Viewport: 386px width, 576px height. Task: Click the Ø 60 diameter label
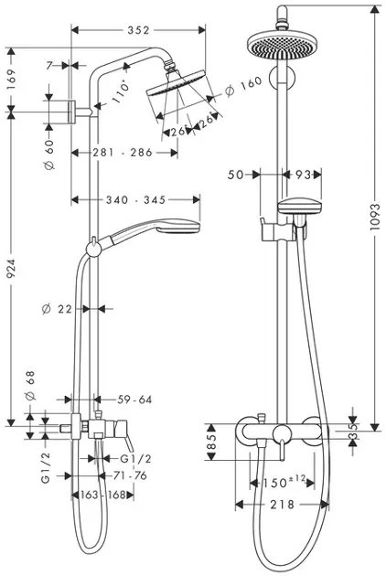tap(53, 152)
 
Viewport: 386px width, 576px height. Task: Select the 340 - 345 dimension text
tap(135, 198)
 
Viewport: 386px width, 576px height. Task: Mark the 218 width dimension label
tap(283, 505)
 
